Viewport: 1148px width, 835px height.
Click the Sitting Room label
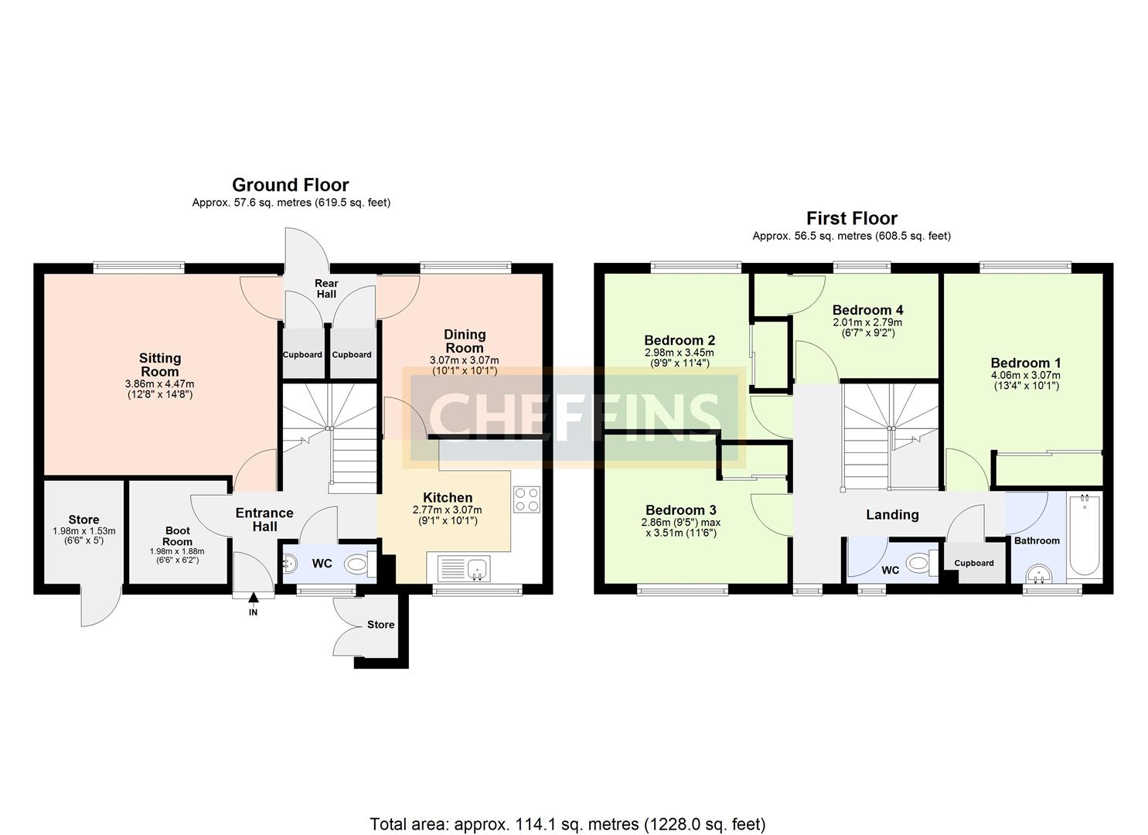160,364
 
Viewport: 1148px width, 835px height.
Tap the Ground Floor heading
290,185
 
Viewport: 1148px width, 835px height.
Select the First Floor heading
851,218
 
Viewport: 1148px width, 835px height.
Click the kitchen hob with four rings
526,499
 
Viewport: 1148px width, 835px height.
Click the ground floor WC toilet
357,564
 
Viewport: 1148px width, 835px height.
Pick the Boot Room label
177,536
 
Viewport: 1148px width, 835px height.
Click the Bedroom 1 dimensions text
1025,380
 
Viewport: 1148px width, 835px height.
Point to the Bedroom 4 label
867,310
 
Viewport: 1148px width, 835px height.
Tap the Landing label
892,515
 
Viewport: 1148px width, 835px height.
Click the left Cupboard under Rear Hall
302,354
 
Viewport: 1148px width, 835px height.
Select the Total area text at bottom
567,824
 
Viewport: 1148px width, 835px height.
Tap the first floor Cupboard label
973,563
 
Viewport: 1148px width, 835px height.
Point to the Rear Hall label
325,288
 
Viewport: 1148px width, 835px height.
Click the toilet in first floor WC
918,564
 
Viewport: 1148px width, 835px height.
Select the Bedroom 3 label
680,510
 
